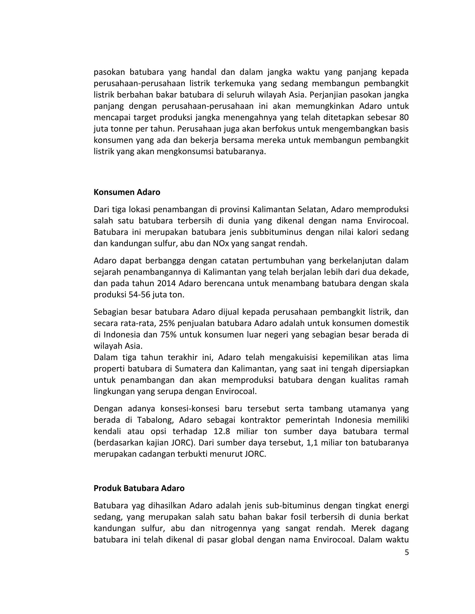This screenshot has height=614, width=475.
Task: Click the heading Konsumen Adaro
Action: click(x=127, y=192)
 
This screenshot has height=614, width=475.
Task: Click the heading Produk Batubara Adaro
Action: click(x=139, y=488)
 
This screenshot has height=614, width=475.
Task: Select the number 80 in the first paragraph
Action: click(x=404, y=117)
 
